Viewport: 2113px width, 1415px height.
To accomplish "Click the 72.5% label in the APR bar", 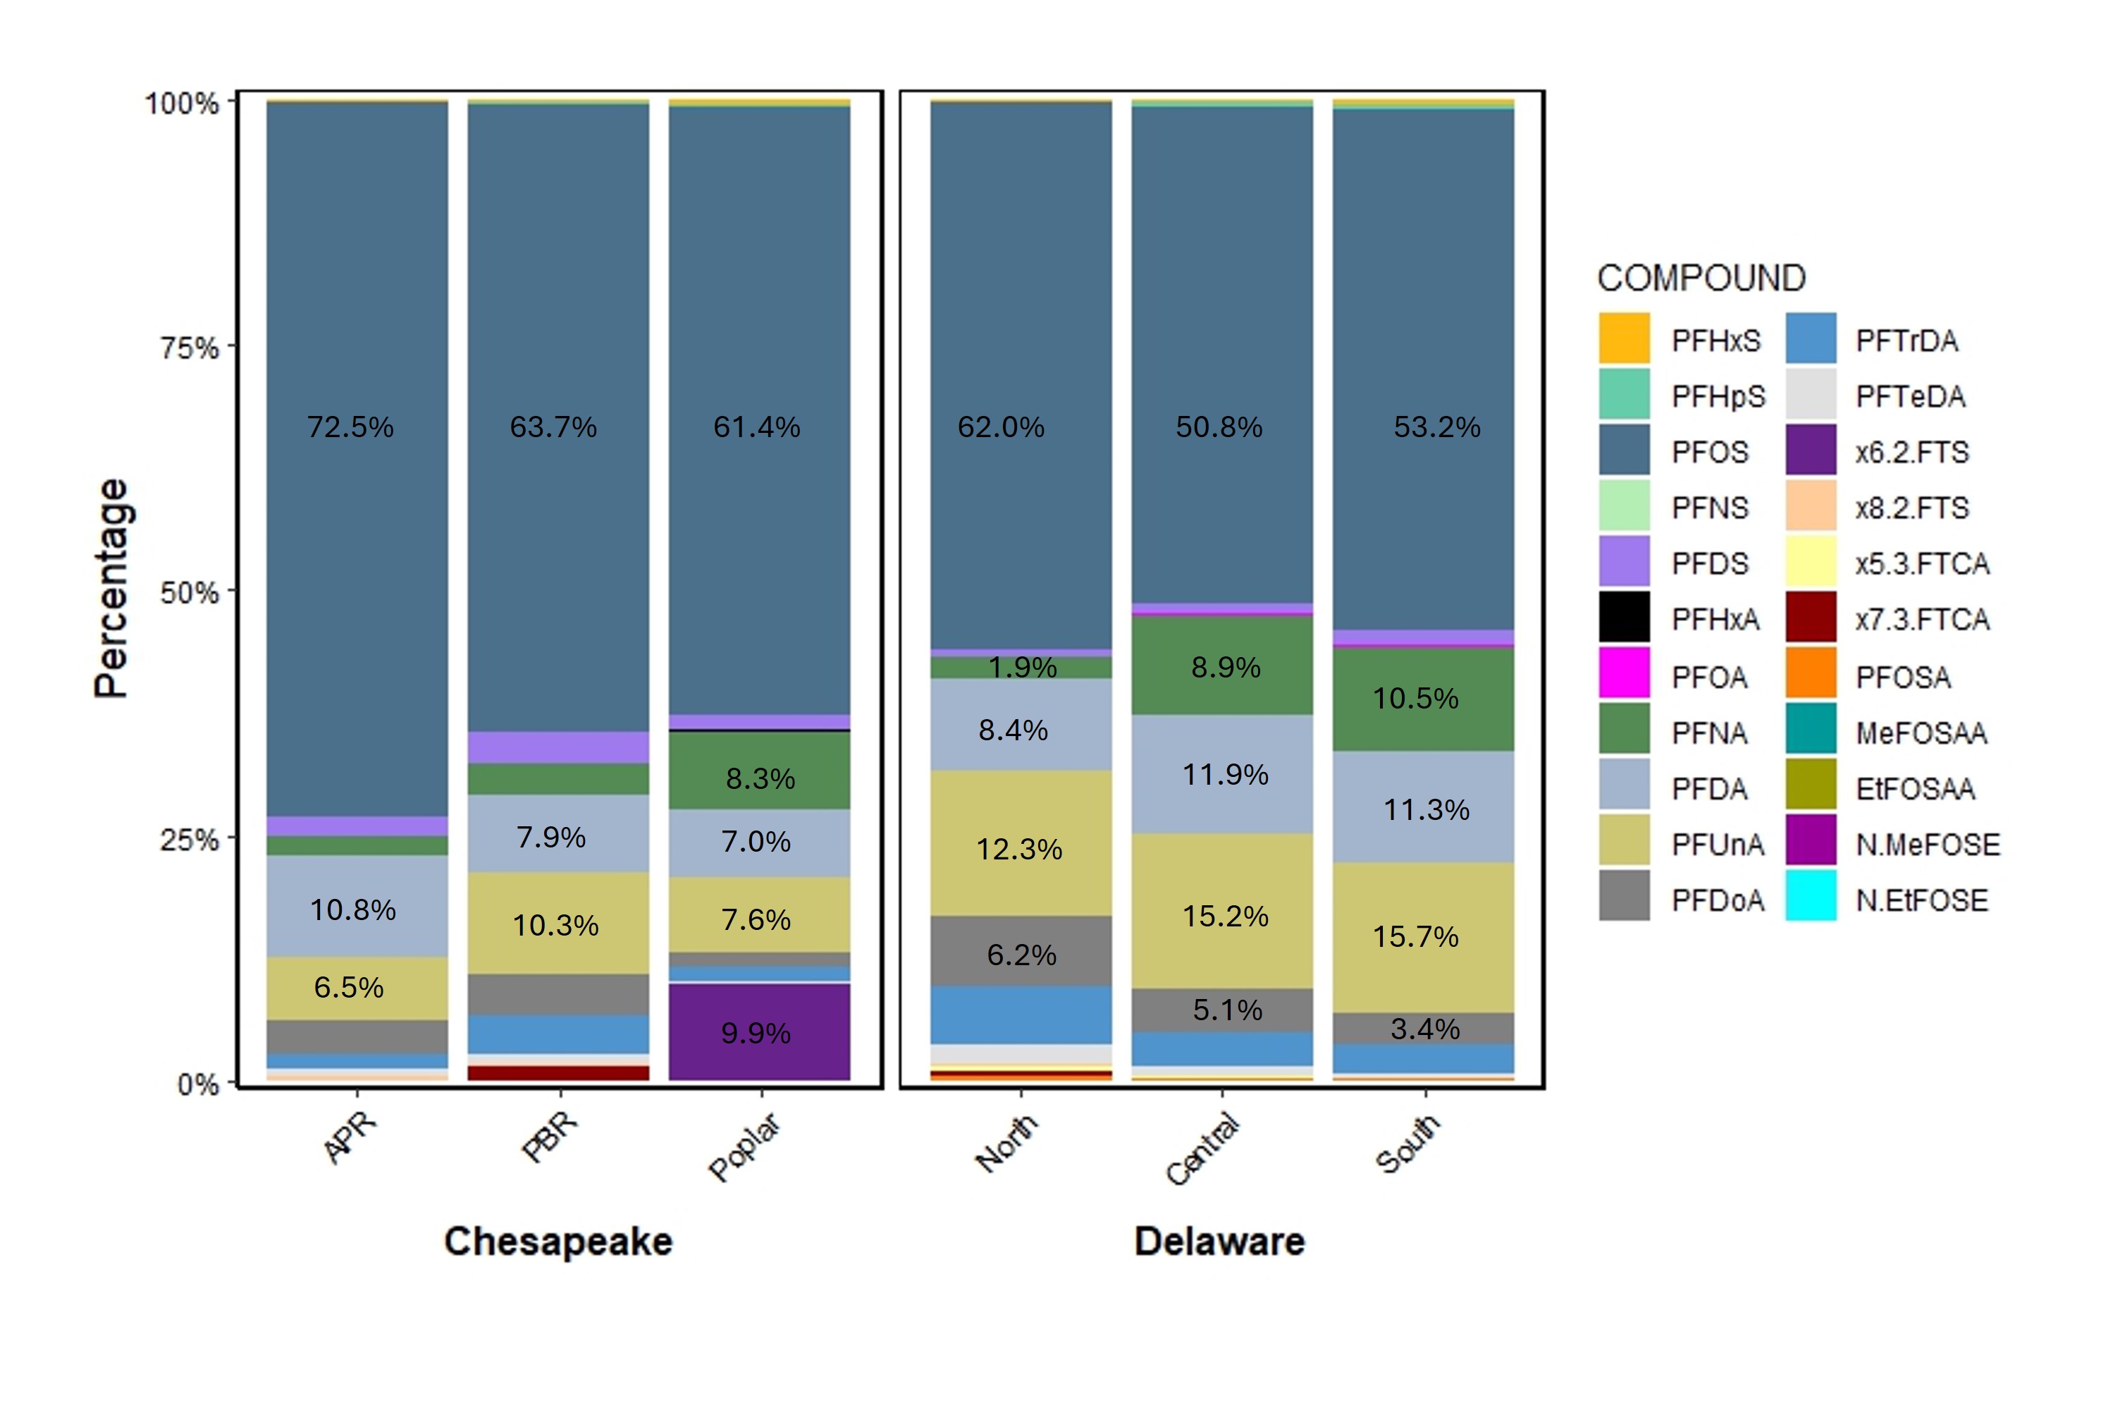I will point(350,427).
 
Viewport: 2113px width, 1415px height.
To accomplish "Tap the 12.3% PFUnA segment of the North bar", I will point(1020,848).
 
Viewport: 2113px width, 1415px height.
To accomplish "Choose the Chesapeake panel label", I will point(557,1242).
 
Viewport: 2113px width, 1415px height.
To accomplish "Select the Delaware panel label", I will point(1219,1242).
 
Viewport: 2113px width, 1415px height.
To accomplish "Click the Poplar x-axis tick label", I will point(745,1147).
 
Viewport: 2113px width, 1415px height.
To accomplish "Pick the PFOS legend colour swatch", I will point(1624,451).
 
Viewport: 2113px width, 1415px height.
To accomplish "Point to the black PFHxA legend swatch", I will point(1624,618).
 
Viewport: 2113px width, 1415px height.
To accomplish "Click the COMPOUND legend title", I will point(1701,278).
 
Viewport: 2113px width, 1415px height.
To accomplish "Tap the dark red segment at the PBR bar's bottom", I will point(557,1073).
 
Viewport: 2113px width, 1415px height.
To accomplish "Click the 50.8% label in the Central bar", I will point(1218,427).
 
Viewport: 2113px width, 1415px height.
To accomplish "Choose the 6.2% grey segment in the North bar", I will point(1021,953).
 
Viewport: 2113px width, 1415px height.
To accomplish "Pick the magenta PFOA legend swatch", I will point(1624,673).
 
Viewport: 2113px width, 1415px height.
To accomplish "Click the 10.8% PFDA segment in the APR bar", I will point(354,908).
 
